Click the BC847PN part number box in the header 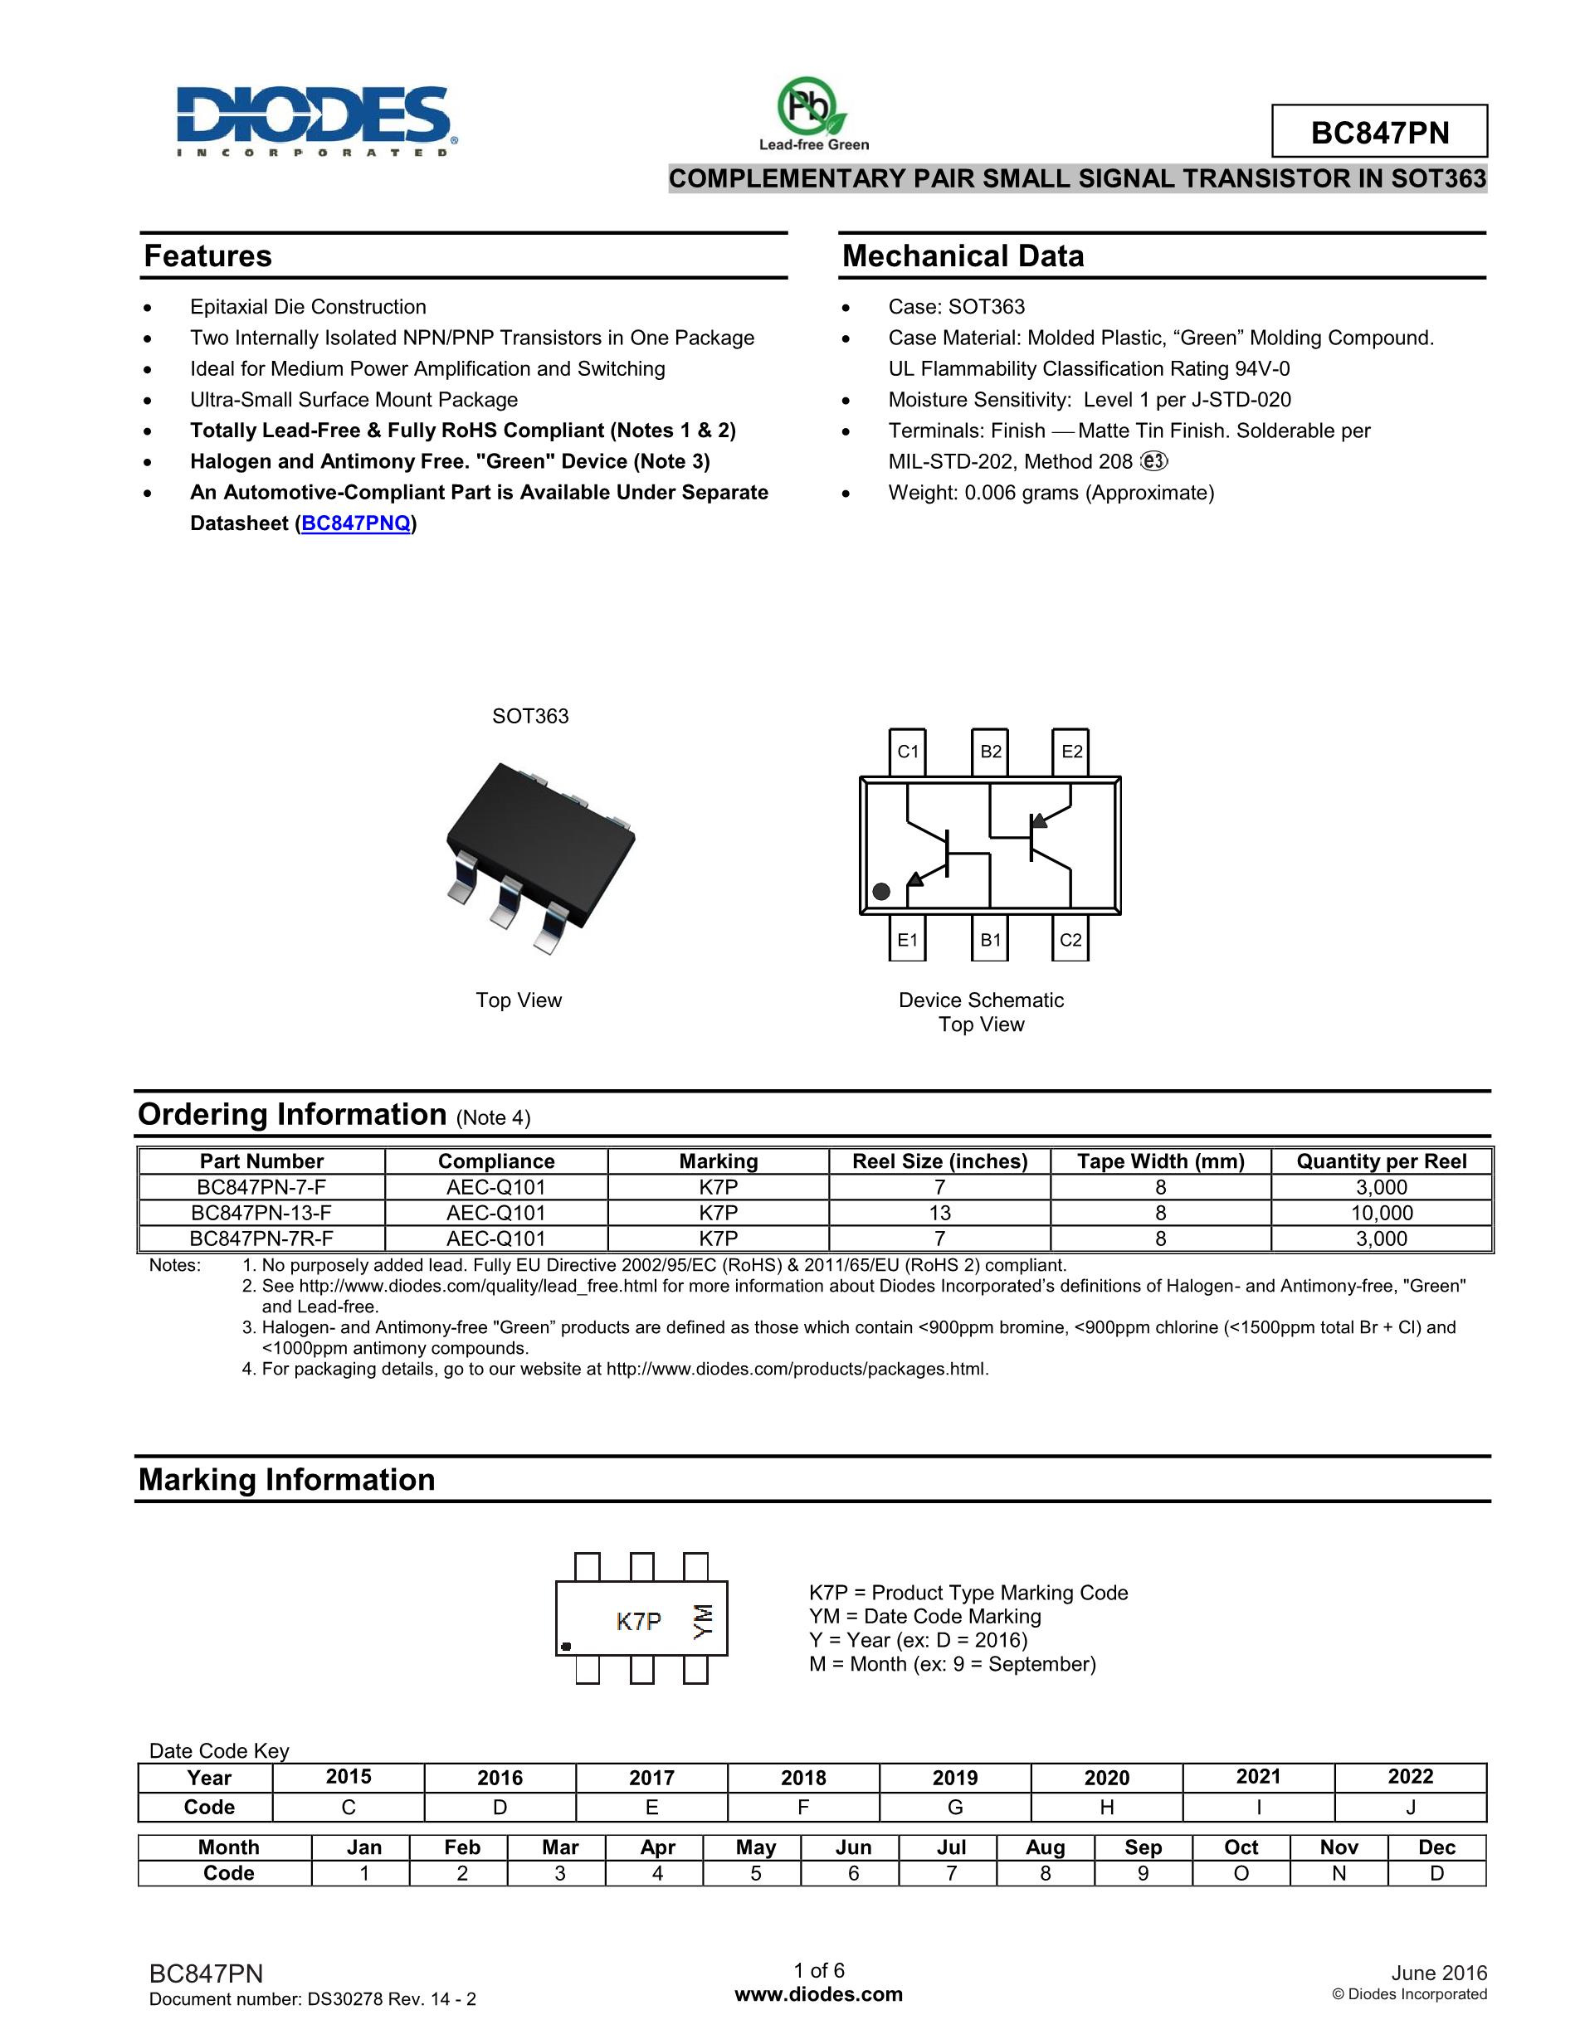pyautogui.click(x=1378, y=132)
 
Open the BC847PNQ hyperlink pyautogui.click(x=357, y=523)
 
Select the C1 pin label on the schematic pyautogui.click(x=907, y=752)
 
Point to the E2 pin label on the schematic pyautogui.click(x=1070, y=752)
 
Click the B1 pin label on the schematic pyautogui.click(x=989, y=940)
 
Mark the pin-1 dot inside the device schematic pyautogui.click(x=880, y=891)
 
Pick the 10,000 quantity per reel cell pyautogui.click(x=1381, y=1213)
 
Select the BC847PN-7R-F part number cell pyautogui.click(x=261, y=1239)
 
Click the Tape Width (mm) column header pyautogui.click(x=1160, y=1161)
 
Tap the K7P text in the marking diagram pyautogui.click(x=638, y=1621)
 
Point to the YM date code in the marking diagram pyautogui.click(x=703, y=1620)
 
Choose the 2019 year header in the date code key pyautogui.click(x=955, y=1777)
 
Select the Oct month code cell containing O pyautogui.click(x=1241, y=1873)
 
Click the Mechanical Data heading pyautogui.click(x=963, y=256)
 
